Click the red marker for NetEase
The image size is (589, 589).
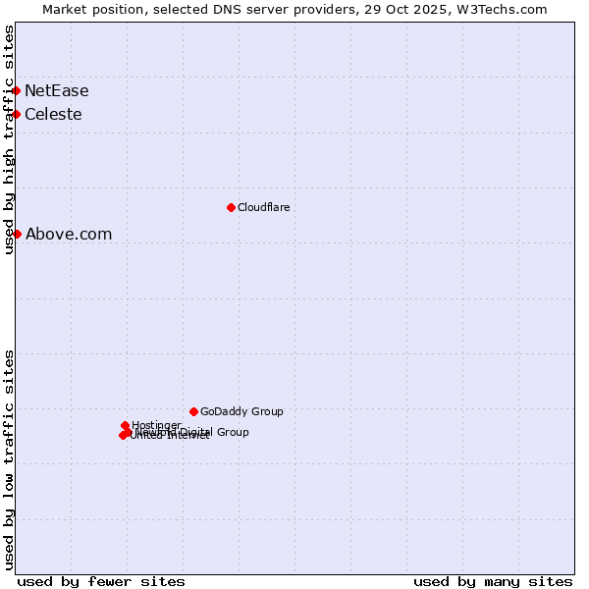pyautogui.click(x=17, y=90)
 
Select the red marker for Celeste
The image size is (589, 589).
pyautogui.click(x=17, y=114)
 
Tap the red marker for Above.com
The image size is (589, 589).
pyautogui.click(x=17, y=234)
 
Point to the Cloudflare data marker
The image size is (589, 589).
pyautogui.click(x=231, y=207)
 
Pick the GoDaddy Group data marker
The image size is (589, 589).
pyautogui.click(x=193, y=411)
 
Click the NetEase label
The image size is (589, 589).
pyautogui.click(x=57, y=91)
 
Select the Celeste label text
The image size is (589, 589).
pyautogui.click(x=53, y=115)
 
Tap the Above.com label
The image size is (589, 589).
pyautogui.click(x=69, y=235)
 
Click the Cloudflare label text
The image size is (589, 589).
pyautogui.click(x=263, y=207)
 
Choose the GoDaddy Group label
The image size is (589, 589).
pyautogui.click(x=241, y=411)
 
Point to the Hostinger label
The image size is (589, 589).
pyautogui.click(x=156, y=425)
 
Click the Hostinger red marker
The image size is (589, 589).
pyautogui.click(x=125, y=426)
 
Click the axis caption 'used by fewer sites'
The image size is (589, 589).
pyautogui.click(x=101, y=581)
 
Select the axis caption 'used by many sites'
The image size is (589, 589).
pyautogui.click(x=493, y=581)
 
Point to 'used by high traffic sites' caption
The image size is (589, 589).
pyautogui.click(x=10, y=139)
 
